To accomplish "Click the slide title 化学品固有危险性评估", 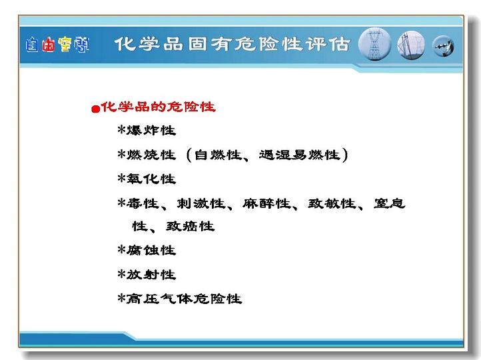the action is [x=233, y=44].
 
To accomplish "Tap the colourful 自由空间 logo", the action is [x=57, y=45].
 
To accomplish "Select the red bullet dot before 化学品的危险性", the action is [x=96, y=109].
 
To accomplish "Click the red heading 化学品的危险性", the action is [x=159, y=107].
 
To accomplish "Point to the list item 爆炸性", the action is [x=151, y=131].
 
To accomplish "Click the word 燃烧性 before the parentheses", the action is [x=151, y=155].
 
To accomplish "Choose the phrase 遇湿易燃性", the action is [x=300, y=155].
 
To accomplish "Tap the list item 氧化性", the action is [x=151, y=179].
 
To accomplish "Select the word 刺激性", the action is [x=201, y=203].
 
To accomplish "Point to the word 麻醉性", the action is [x=266, y=203].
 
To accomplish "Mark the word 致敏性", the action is [x=332, y=203].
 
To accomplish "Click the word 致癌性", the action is [x=190, y=227].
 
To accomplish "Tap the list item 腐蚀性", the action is [x=151, y=251].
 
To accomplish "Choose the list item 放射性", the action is [x=151, y=275].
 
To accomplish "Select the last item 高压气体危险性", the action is [x=184, y=299].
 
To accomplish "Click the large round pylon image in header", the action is [x=374, y=44].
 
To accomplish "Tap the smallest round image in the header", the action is [x=443, y=46].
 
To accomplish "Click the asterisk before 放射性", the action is [x=121, y=273].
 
